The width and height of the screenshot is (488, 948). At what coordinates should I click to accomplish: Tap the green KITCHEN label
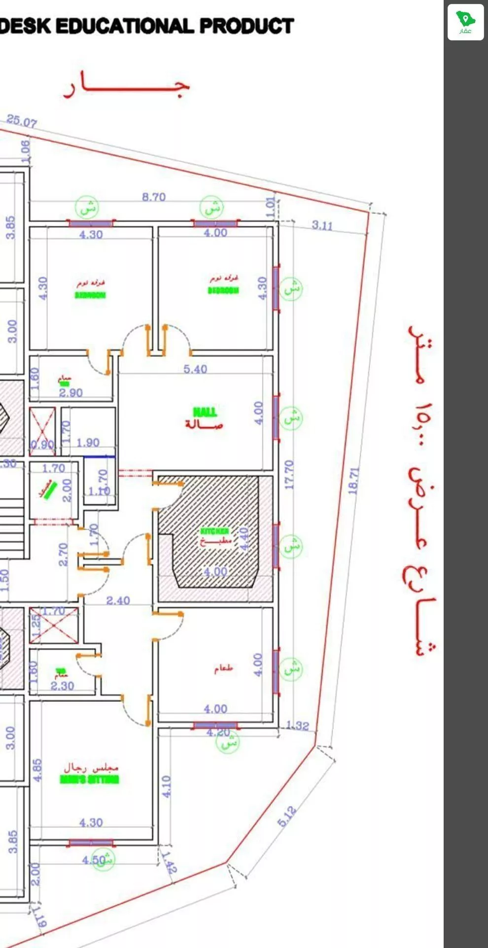tap(214, 531)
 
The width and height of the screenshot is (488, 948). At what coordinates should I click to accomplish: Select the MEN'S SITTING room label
tap(90, 779)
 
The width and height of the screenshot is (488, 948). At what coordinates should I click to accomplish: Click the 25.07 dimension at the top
tap(21, 121)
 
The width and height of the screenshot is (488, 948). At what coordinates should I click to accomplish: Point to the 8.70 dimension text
tap(154, 197)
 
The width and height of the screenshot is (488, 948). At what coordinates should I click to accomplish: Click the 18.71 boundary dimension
tap(353, 480)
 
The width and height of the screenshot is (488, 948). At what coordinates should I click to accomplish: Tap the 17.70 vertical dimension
tap(289, 474)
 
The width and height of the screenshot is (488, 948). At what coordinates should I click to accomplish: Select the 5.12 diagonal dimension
tap(287, 816)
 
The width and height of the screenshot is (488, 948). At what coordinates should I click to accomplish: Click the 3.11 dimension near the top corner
tap(322, 225)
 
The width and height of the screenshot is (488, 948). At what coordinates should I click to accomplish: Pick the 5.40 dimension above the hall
tap(195, 369)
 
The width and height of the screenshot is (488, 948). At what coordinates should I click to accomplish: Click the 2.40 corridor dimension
tap(118, 600)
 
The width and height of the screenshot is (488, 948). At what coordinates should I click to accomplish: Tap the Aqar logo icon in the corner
tap(465, 22)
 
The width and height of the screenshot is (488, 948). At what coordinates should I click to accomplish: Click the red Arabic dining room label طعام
tap(223, 669)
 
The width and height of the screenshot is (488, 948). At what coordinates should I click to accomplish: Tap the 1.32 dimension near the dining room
tap(298, 725)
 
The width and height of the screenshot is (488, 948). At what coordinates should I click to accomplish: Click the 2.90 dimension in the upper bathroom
tap(71, 392)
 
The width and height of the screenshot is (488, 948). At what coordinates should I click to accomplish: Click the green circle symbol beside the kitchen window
tap(292, 546)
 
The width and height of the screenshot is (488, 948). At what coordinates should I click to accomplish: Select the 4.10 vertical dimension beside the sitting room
tap(166, 787)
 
